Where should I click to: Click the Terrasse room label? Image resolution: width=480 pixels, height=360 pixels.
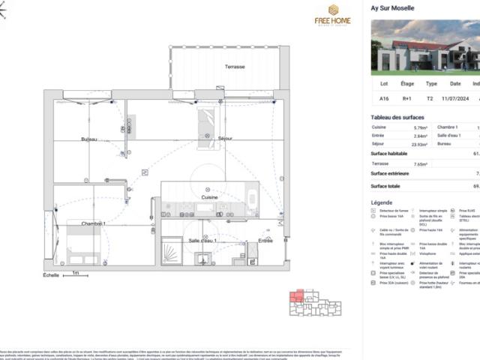click(234, 67)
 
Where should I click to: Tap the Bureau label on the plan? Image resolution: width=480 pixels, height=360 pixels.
click(89, 139)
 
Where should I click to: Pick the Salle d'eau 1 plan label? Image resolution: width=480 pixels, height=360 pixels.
click(202, 240)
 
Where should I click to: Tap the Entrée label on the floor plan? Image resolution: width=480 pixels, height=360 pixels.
click(265, 240)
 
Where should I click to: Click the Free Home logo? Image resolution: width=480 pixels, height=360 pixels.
click(332, 15)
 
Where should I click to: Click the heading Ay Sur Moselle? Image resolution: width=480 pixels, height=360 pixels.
click(392, 9)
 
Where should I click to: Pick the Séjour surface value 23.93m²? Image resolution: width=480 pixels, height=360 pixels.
click(419, 144)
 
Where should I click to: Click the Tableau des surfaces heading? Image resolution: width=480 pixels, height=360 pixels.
click(397, 117)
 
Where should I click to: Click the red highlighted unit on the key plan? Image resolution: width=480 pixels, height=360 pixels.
click(297, 296)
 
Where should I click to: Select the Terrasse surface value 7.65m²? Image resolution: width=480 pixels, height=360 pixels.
click(420, 163)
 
